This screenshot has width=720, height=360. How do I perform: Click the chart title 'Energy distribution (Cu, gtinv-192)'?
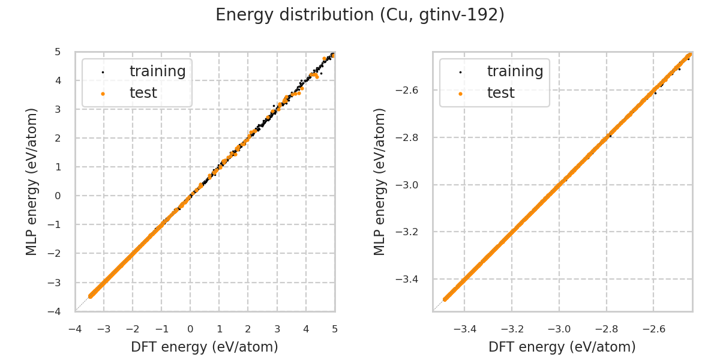360,15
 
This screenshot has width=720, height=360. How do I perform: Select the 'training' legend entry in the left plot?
157,71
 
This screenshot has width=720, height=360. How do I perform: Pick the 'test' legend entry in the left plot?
143,93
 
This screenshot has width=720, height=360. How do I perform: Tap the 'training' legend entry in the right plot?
515,71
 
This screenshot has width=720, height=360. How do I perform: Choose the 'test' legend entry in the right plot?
500,93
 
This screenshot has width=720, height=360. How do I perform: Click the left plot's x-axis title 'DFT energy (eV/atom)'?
205,347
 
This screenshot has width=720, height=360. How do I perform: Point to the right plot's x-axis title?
562,347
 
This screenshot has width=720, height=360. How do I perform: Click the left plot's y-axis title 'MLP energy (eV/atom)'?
32,182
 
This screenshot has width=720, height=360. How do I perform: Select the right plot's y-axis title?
380,182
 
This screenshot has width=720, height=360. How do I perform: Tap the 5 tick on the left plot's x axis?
335,329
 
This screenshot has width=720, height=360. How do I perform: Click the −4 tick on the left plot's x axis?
75,329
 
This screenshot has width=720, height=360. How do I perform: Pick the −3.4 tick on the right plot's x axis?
465,329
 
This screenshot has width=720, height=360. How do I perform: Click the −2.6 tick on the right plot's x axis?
653,329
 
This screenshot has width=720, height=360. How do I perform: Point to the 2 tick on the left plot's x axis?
248,329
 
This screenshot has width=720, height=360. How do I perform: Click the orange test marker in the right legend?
460,94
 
